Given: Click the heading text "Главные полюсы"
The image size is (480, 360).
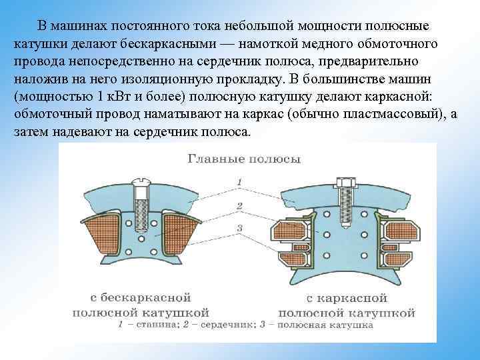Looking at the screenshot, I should click(x=244, y=159).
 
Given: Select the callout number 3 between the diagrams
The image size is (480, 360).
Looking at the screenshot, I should click(x=239, y=229).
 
